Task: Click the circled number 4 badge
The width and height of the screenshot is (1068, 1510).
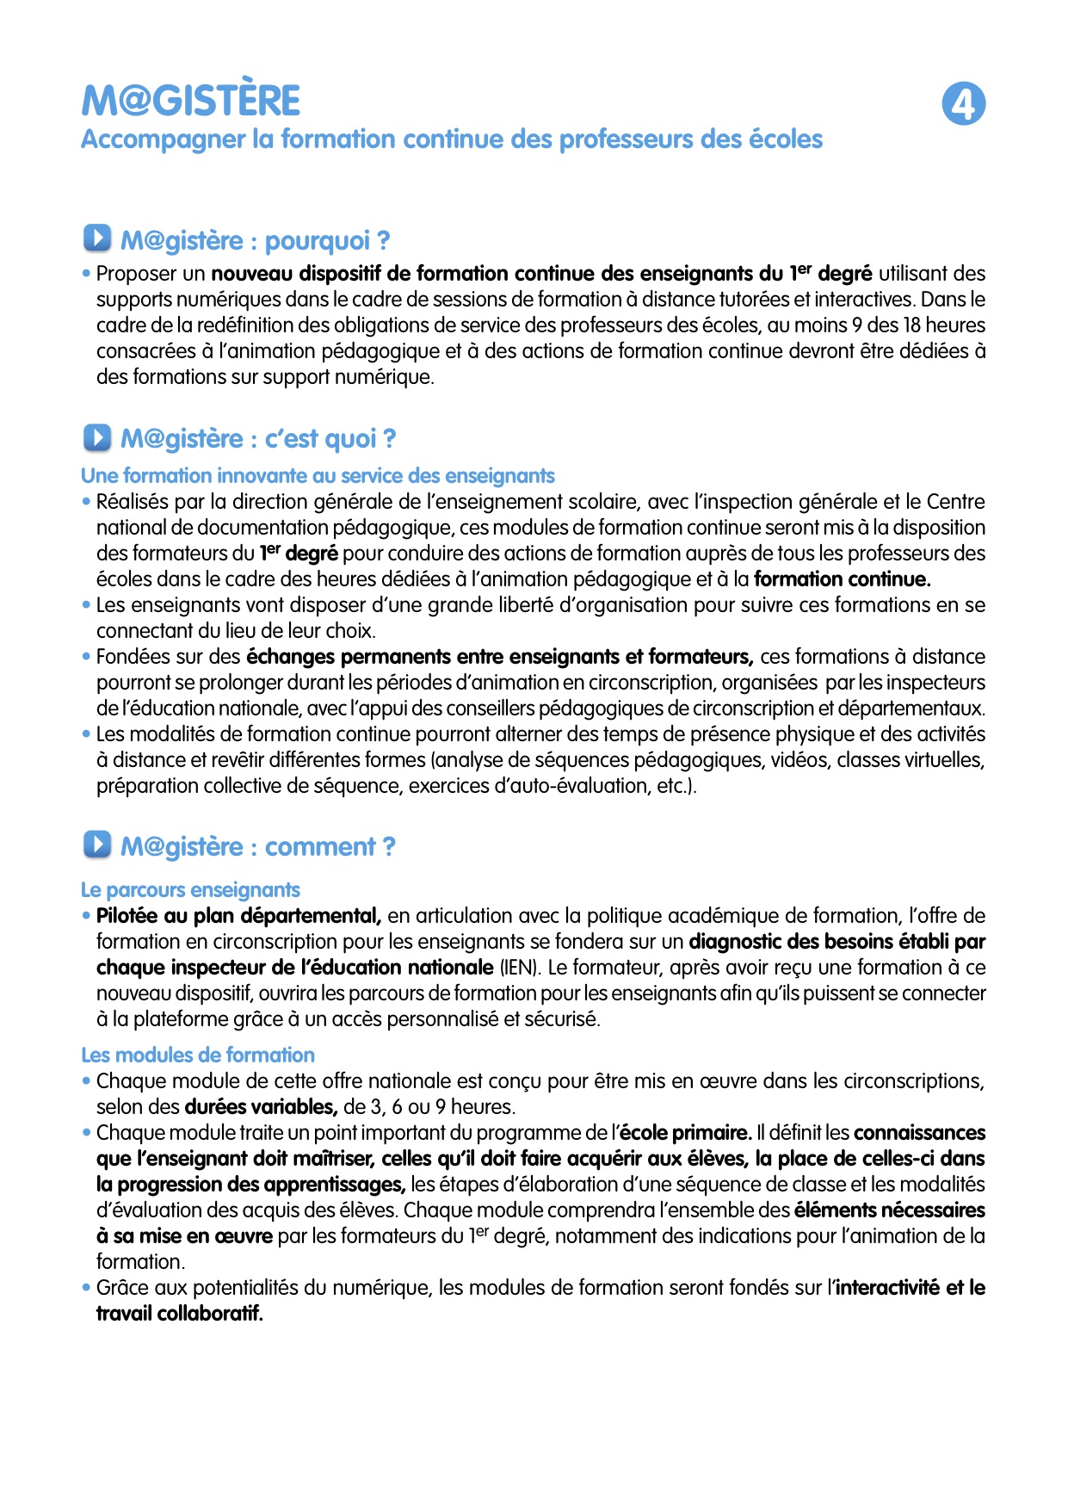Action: (963, 104)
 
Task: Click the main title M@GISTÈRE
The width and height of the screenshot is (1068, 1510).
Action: (191, 101)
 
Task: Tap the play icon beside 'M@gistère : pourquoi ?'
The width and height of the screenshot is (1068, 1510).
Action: (97, 238)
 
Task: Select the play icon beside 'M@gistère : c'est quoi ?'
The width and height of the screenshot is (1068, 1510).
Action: (97, 437)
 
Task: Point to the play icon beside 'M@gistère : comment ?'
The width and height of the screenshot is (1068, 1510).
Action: (97, 845)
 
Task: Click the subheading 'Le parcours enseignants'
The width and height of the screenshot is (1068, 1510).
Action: (190, 889)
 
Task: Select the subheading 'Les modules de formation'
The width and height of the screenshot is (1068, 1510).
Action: (198, 1055)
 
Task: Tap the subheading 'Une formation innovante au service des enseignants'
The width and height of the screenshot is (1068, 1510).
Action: (318, 475)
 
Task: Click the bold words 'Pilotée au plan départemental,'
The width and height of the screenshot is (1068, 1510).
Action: (238, 915)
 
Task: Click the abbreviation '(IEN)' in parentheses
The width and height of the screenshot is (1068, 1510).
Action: (520, 967)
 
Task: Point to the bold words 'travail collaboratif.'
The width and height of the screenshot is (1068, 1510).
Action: (179, 1313)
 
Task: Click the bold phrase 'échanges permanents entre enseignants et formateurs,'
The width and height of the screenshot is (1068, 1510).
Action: (500, 657)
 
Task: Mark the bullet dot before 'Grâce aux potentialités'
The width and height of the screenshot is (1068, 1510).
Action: (86, 1288)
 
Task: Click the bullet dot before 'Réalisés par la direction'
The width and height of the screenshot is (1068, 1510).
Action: (86, 502)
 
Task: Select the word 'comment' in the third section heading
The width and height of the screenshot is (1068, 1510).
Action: (319, 846)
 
